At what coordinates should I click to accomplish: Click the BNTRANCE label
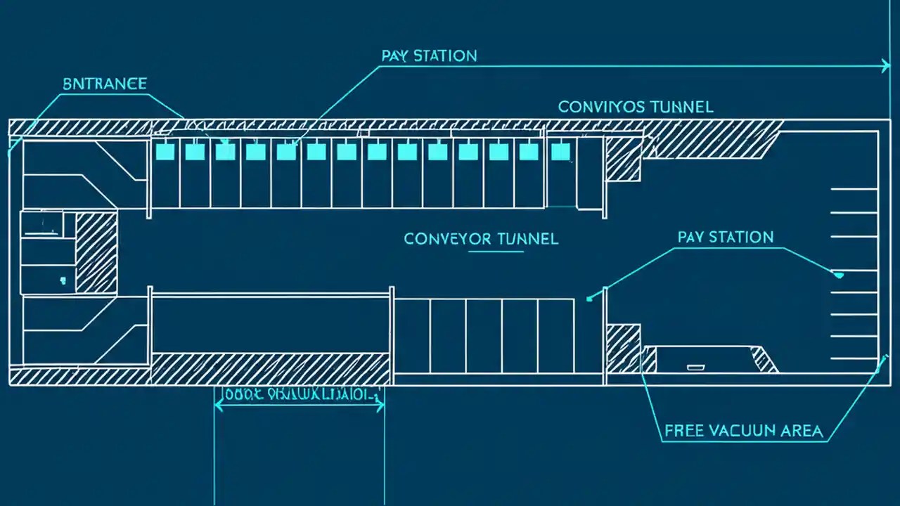pyautogui.click(x=104, y=84)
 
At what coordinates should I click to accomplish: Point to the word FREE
pyautogui.click(x=688, y=431)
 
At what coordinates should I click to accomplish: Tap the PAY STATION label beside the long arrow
pyautogui.click(x=429, y=56)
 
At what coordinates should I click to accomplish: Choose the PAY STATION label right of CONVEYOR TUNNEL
pyautogui.click(x=726, y=237)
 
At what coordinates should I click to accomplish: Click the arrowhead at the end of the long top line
pyautogui.click(x=886, y=67)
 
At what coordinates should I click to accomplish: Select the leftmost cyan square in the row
pyautogui.click(x=164, y=151)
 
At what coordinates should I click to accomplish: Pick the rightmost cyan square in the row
pyautogui.click(x=560, y=151)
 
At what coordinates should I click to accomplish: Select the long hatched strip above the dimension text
pyautogui.click(x=271, y=368)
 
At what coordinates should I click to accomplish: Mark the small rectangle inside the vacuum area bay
pyautogui.click(x=695, y=367)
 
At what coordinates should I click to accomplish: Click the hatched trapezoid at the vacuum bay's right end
pyautogui.click(x=764, y=359)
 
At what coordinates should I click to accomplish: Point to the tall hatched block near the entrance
pyautogui.click(x=96, y=253)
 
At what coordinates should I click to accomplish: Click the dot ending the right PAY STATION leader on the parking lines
pyautogui.click(x=838, y=275)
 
